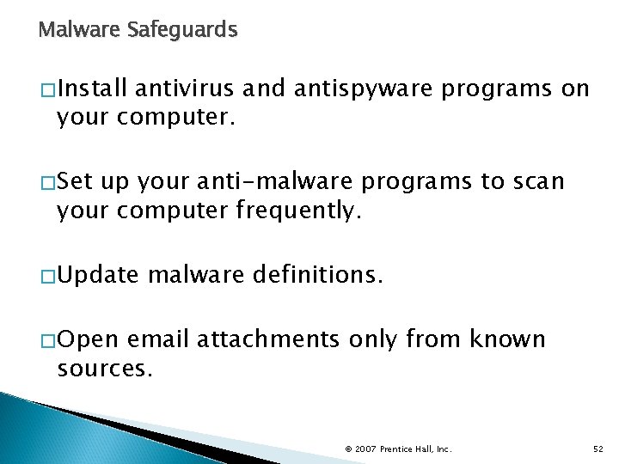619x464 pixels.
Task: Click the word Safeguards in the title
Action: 181,30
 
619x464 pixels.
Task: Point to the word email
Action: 159,340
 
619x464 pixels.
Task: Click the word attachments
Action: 268,340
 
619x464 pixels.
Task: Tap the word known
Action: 507,340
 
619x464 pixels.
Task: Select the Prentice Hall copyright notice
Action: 398,449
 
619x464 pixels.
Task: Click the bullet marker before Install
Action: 46,90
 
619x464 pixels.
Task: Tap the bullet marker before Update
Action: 46,277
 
